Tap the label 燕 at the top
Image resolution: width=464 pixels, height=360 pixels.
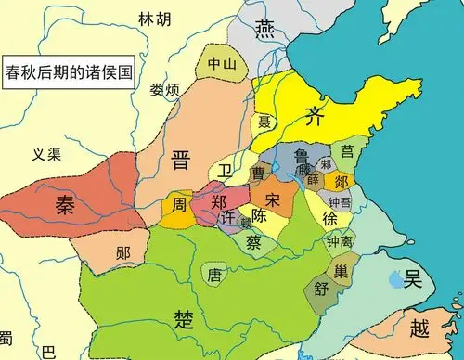(265, 28)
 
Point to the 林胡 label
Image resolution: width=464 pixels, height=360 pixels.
(154, 19)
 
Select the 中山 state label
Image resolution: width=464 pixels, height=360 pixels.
(220, 65)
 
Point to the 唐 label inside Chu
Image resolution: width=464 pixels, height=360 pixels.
(215, 275)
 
